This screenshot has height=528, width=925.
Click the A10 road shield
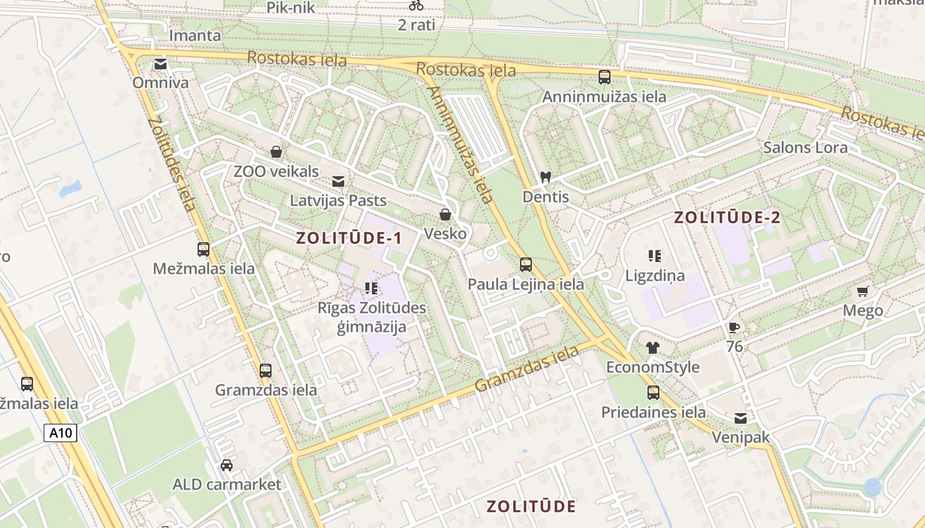61,433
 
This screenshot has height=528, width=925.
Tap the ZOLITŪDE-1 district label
349,238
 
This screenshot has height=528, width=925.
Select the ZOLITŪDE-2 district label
727,218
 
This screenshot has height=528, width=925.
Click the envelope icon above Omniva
160,64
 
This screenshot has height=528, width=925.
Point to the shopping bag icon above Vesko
445,214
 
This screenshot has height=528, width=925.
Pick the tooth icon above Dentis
546,177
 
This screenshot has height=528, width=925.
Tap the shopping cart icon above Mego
862,291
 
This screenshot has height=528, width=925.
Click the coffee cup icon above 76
733,327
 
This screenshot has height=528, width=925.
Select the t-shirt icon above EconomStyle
653,348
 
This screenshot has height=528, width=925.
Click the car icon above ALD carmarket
227,465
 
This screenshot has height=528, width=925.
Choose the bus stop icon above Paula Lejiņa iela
526,265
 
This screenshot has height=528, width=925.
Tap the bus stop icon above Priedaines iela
653,393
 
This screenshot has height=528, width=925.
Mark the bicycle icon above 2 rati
416,5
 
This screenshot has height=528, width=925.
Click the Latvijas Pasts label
338,200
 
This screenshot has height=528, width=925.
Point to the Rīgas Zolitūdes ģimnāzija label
372,317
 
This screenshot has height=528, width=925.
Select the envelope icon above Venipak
741,418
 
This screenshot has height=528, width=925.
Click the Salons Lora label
805,147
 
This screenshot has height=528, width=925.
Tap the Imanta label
196,35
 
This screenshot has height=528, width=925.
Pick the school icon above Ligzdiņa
655,255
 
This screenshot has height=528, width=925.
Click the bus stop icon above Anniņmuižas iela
605,77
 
